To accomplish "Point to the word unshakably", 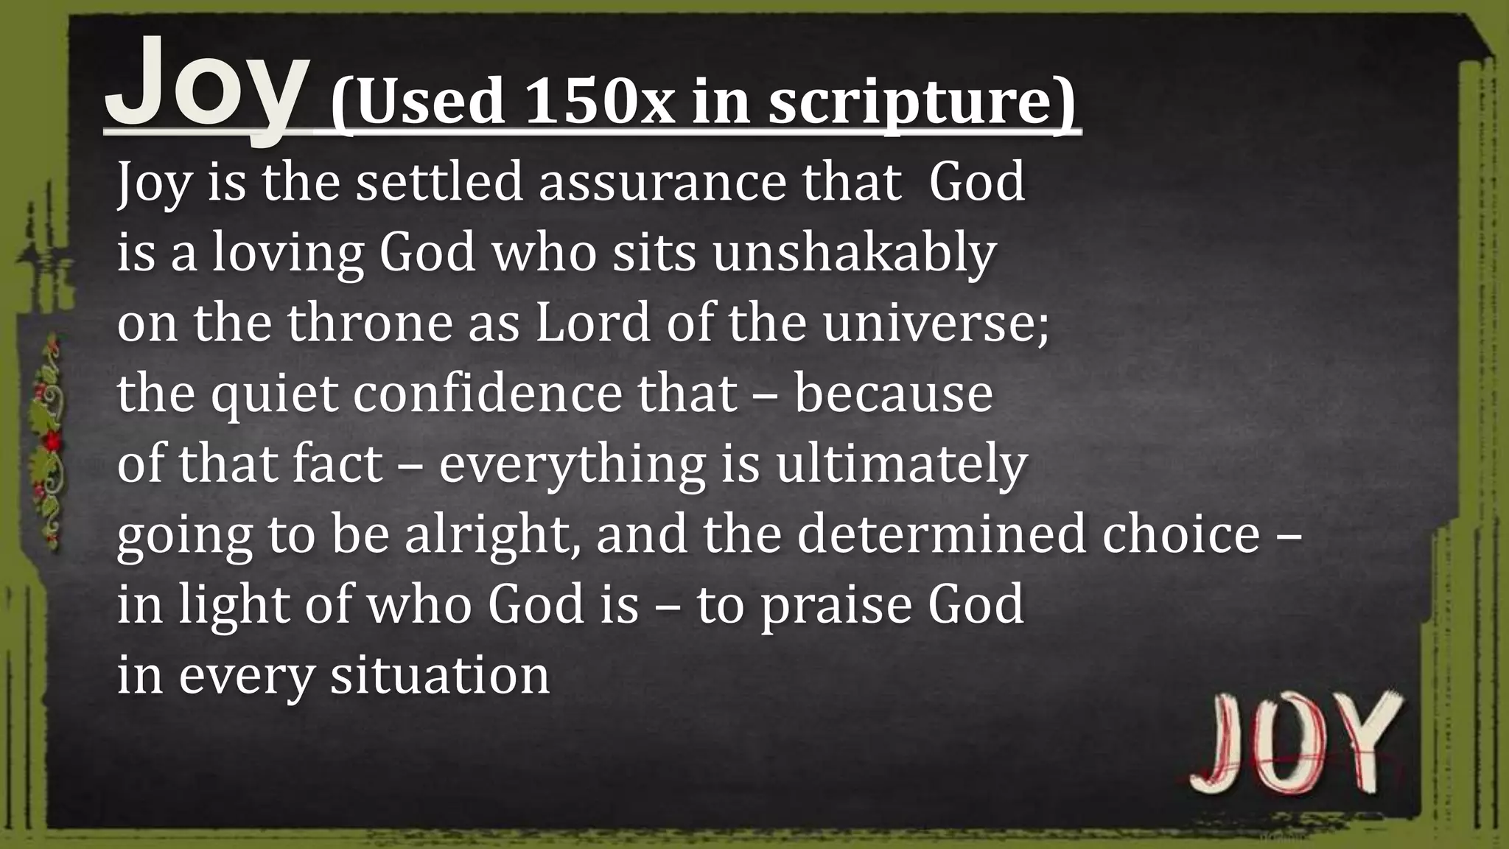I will point(854,253).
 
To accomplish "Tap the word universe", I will point(934,323).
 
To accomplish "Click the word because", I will point(893,394).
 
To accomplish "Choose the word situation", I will point(439,675).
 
